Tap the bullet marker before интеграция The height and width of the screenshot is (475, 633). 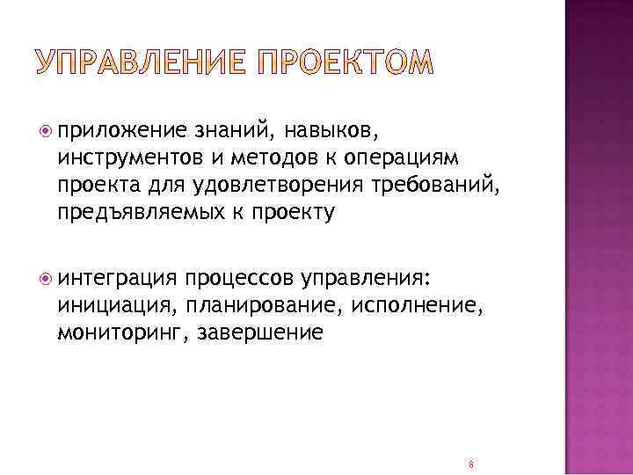click(x=46, y=279)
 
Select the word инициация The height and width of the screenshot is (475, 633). click(x=110, y=306)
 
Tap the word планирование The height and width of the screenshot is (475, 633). click(x=259, y=306)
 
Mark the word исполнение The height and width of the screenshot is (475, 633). click(x=415, y=306)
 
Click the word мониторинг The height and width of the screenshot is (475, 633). click(x=121, y=333)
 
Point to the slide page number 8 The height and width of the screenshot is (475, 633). click(x=471, y=464)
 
